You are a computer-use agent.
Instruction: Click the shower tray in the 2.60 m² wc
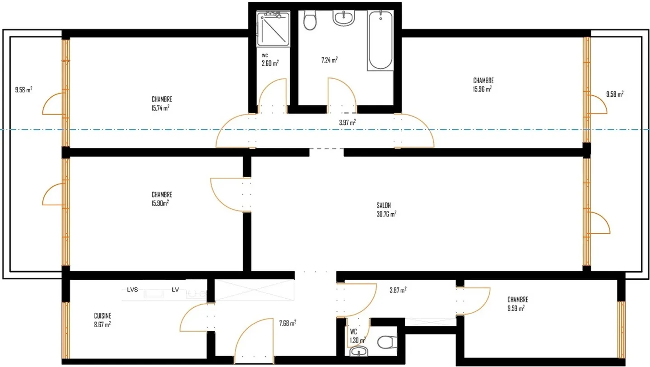273,29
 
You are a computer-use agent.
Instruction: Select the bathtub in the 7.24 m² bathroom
380,41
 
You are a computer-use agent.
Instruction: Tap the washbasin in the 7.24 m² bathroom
345,19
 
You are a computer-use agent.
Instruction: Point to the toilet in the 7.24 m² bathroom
309,21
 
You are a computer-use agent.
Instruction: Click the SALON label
383,205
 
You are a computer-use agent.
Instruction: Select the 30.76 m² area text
386,214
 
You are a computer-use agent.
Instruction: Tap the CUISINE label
102,316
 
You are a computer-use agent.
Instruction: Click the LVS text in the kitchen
132,290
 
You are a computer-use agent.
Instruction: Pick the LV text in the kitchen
175,290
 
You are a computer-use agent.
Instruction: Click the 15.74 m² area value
160,108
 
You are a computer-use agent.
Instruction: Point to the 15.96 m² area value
482,89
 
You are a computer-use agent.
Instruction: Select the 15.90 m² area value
160,203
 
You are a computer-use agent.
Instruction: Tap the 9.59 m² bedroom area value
516,308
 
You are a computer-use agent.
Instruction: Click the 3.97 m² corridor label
347,122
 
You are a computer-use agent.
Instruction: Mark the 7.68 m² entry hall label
287,323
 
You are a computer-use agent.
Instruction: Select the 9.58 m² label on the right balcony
614,94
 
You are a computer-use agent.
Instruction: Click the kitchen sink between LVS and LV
154,294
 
